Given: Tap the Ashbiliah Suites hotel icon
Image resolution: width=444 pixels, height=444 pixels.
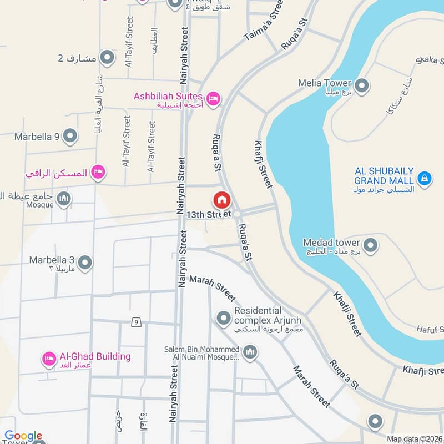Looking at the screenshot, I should tap(213, 99).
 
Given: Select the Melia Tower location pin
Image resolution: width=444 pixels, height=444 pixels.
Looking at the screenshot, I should tap(362, 86).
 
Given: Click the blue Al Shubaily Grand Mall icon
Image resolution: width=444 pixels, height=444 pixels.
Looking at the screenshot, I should tap(424, 178).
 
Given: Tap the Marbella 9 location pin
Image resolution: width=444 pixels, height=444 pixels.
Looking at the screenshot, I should tap(70, 135).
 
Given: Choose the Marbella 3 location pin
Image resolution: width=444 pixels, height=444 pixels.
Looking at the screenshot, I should tap(85, 262).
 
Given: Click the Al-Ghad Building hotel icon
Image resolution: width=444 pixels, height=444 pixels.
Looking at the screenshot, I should tap(49, 359).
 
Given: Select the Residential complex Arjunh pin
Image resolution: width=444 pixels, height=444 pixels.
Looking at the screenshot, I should tap(224, 318).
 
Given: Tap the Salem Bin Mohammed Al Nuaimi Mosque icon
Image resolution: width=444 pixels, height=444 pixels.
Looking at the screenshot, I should tap(251, 352).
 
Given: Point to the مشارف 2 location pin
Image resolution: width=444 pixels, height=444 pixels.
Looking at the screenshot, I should tap(107, 57).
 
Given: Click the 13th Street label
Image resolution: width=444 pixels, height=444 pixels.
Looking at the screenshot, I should tap(208, 214).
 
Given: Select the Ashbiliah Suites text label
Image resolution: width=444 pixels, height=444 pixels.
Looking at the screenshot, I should tap(168, 96).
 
